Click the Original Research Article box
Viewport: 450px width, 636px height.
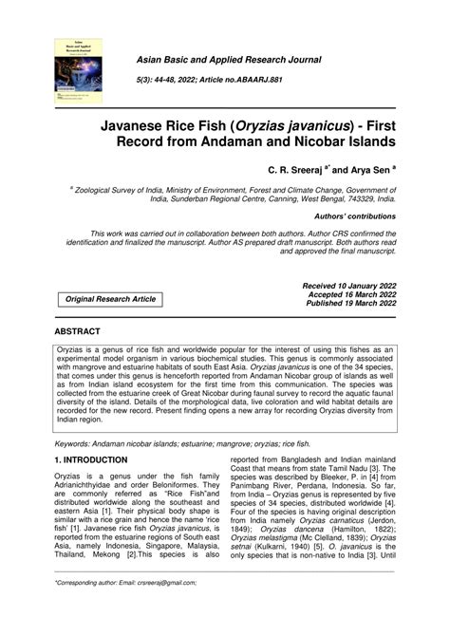pyautogui.click(x=111, y=299)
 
